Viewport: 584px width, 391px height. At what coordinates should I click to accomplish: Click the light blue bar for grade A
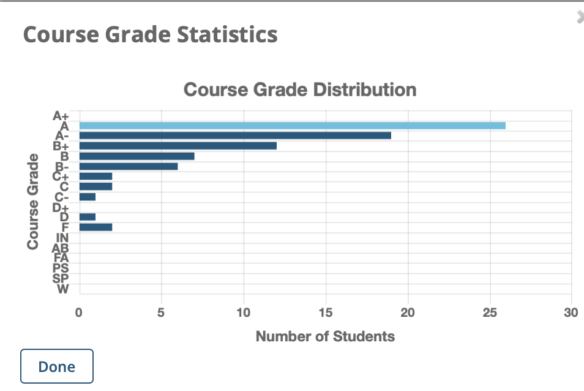click(x=292, y=126)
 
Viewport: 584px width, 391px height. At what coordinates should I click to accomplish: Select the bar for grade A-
click(x=235, y=135)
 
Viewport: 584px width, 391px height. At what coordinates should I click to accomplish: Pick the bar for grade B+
click(x=178, y=146)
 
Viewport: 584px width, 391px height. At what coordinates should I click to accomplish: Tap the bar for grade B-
click(x=129, y=166)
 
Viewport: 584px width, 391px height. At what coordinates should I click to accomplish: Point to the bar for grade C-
click(x=88, y=197)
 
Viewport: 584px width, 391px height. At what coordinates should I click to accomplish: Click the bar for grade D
click(x=88, y=217)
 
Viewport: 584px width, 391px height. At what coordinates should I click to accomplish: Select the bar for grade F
click(x=95, y=227)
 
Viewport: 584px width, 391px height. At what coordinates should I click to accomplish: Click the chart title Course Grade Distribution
click(x=300, y=89)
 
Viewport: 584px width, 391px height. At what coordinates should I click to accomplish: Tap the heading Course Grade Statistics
click(x=150, y=34)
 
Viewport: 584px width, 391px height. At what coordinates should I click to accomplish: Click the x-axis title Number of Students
click(x=325, y=336)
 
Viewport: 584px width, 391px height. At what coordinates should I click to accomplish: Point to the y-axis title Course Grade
click(x=33, y=201)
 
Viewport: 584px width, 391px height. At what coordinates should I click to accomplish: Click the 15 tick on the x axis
click(x=326, y=314)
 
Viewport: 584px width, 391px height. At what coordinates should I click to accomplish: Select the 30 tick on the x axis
click(x=571, y=314)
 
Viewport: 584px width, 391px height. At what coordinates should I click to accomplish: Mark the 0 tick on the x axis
click(x=79, y=314)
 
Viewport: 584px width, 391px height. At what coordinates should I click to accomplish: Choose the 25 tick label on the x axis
click(x=489, y=314)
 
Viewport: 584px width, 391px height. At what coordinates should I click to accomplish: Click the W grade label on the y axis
click(x=62, y=289)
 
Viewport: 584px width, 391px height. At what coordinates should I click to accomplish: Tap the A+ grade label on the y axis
click(x=62, y=115)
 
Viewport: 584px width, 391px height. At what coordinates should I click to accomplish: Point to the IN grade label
click(x=62, y=238)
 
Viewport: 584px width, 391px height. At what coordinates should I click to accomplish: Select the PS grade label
click(x=61, y=268)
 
